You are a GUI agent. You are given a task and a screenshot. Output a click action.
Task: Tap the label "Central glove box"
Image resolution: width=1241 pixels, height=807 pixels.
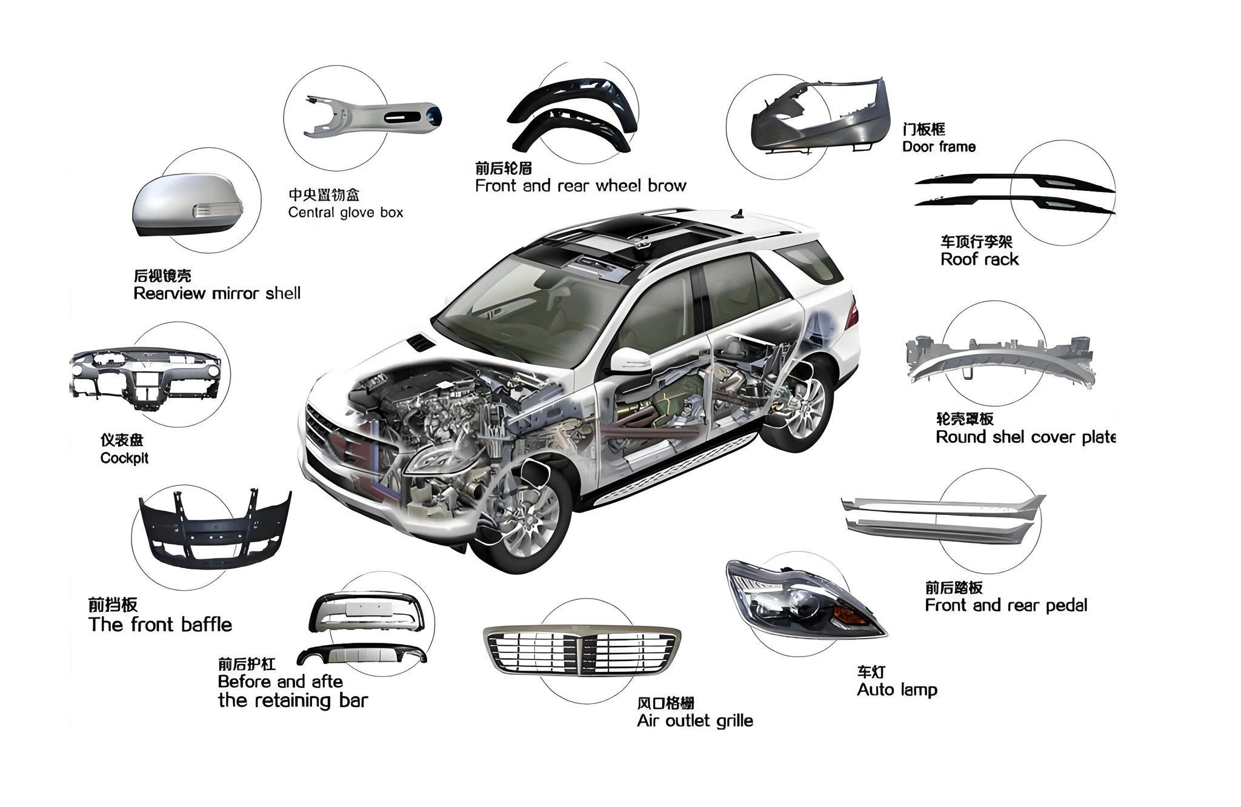[345, 213]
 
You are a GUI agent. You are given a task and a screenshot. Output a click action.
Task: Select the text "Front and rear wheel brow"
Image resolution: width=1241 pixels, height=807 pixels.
[581, 186]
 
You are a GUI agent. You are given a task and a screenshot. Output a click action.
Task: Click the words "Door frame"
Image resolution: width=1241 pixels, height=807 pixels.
[939, 147]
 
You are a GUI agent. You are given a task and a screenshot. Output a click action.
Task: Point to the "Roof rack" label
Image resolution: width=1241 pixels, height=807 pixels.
[979, 260]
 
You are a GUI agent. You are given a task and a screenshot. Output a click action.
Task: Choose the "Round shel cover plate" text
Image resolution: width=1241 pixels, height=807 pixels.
[1025, 437]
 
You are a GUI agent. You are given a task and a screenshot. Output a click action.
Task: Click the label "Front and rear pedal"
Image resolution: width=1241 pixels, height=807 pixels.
[1006, 605]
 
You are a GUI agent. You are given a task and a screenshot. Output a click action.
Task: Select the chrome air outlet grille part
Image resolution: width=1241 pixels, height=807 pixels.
[582, 651]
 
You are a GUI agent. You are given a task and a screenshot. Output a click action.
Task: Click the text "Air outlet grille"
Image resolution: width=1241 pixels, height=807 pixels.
[695, 721]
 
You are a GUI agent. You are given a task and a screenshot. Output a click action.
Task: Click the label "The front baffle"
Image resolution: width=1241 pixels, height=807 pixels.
[160, 625]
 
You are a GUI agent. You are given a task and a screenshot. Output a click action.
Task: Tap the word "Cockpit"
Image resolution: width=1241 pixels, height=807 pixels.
[124, 458]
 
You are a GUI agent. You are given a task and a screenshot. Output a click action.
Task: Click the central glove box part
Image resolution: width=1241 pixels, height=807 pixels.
[373, 115]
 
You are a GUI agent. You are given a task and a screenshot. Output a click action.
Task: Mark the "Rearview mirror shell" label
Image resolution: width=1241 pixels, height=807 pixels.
[217, 294]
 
